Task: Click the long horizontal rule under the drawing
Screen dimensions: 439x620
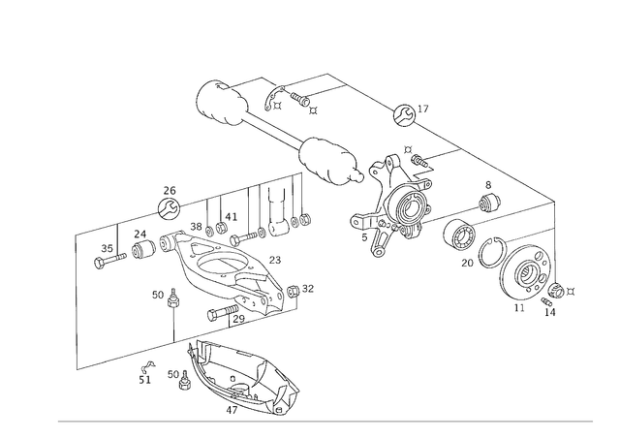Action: click(325, 422)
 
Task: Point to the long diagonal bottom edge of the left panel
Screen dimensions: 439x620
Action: click(194, 334)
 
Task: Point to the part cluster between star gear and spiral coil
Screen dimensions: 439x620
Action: click(465, 233)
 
